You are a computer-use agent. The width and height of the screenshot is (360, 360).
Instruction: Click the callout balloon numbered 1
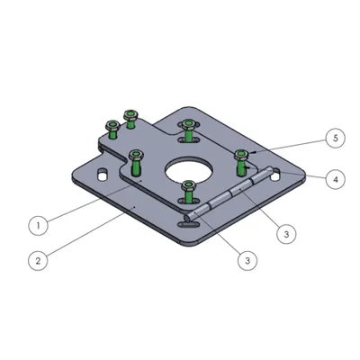tap(38, 225)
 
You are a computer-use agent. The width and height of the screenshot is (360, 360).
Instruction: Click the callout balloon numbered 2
tap(38, 260)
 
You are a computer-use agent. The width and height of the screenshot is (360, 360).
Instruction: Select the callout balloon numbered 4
tap(336, 179)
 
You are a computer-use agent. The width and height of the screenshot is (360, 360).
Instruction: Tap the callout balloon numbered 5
tap(336, 138)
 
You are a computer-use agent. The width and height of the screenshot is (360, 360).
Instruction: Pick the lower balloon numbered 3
tap(247, 260)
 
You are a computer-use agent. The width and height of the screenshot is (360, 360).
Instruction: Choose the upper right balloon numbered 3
tap(286, 234)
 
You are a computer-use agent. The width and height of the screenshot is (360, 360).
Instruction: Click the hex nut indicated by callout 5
tap(241, 155)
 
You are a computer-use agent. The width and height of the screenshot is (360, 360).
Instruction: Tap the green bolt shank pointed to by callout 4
tap(240, 168)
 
